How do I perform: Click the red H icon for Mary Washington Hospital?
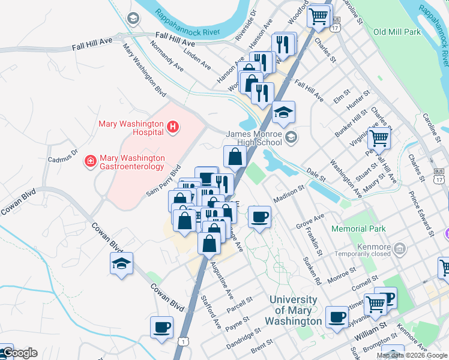(172, 127)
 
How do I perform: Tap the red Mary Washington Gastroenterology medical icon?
(90, 161)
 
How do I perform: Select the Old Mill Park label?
(397, 32)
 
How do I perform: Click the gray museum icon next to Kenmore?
(400, 247)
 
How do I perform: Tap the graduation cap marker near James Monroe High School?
(283, 112)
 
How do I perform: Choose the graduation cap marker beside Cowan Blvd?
(121, 263)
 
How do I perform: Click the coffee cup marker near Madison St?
(259, 217)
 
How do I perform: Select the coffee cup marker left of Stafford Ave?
(161, 328)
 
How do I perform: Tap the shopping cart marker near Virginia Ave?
(379, 138)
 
